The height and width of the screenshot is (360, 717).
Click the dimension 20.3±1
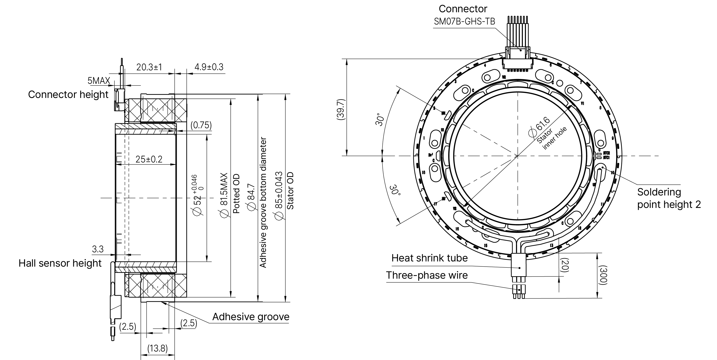(x=149, y=67)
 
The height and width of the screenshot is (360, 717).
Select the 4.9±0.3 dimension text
(x=209, y=67)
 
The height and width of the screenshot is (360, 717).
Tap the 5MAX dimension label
(x=99, y=81)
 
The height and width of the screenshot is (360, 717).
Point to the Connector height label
(x=68, y=95)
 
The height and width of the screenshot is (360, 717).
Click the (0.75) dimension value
(x=201, y=125)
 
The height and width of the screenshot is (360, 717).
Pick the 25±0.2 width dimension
(x=149, y=159)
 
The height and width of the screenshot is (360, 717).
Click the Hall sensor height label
(x=60, y=263)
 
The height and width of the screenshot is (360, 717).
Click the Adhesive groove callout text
(x=250, y=317)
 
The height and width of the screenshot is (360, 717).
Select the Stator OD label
(x=290, y=190)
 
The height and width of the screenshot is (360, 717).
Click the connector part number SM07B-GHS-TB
(x=464, y=21)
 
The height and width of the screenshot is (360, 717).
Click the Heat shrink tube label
(x=429, y=258)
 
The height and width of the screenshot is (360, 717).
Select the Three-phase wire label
(x=427, y=275)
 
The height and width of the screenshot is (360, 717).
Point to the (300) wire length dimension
(x=602, y=275)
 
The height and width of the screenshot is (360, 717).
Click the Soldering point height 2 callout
(x=669, y=198)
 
